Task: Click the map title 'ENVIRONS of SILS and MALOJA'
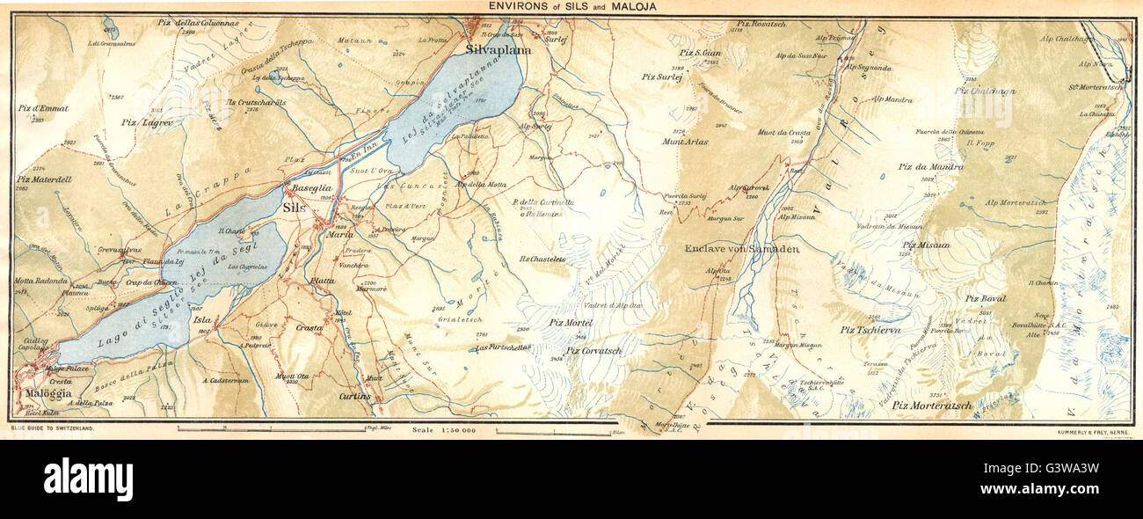click(x=571, y=7)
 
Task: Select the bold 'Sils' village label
click(x=293, y=208)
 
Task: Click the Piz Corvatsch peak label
click(x=594, y=350)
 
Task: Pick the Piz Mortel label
click(x=571, y=323)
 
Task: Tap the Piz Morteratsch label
click(x=931, y=406)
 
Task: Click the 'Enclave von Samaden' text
click(x=741, y=249)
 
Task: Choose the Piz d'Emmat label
click(x=42, y=108)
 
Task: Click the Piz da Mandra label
click(x=930, y=166)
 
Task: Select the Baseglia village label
click(x=312, y=188)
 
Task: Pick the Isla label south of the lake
click(x=200, y=321)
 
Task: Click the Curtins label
click(x=353, y=398)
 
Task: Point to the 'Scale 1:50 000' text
click(x=443, y=430)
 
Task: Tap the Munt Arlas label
click(x=685, y=141)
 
